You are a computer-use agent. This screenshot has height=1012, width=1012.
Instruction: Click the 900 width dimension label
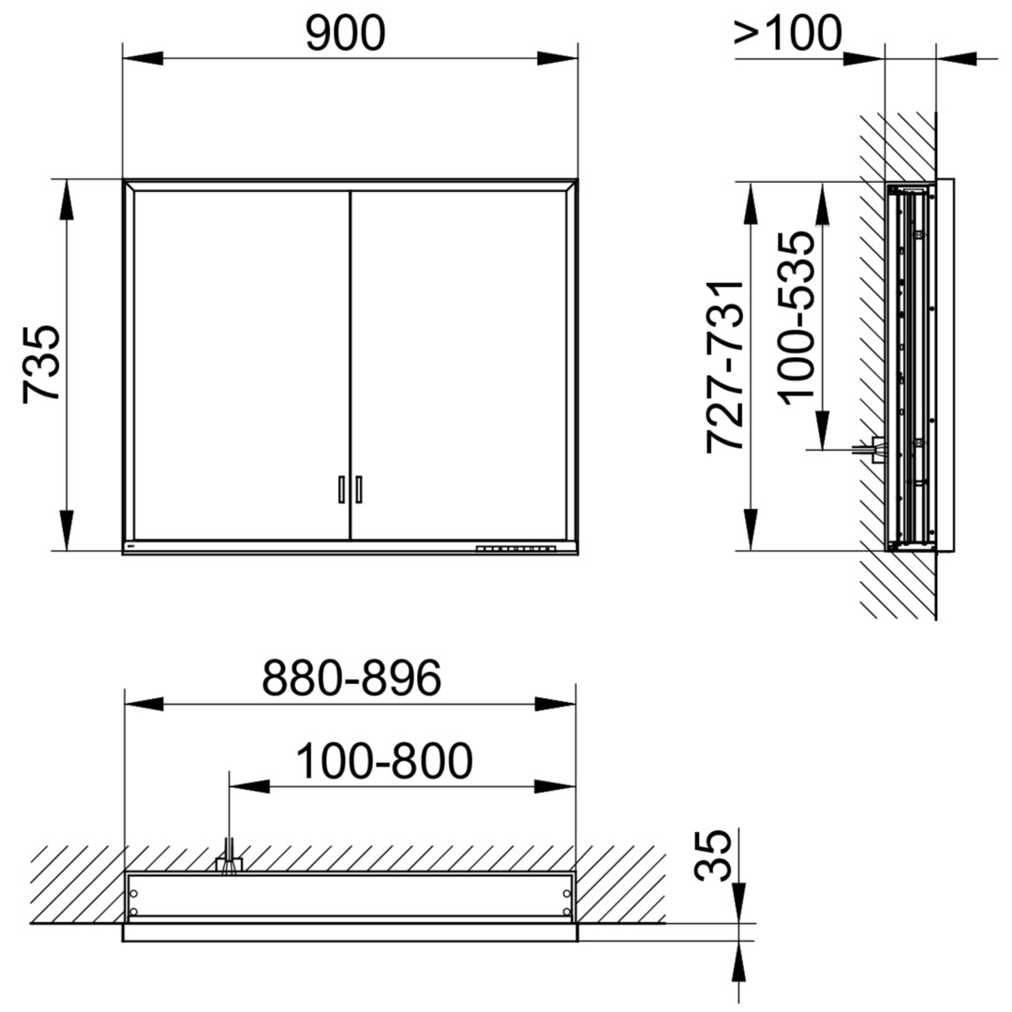345,34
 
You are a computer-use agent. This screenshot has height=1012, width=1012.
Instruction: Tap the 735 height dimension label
41,365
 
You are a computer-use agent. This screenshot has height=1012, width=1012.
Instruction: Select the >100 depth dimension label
788,33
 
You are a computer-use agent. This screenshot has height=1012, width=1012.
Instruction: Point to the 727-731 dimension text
725,366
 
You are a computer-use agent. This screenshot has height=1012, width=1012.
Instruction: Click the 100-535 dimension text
796,319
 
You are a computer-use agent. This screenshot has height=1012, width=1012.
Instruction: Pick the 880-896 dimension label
351,677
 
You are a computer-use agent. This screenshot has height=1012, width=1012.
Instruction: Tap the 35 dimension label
713,856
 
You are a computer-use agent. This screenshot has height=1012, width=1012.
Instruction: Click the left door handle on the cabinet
341,489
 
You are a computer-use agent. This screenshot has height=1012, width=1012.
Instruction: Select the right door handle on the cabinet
359,489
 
